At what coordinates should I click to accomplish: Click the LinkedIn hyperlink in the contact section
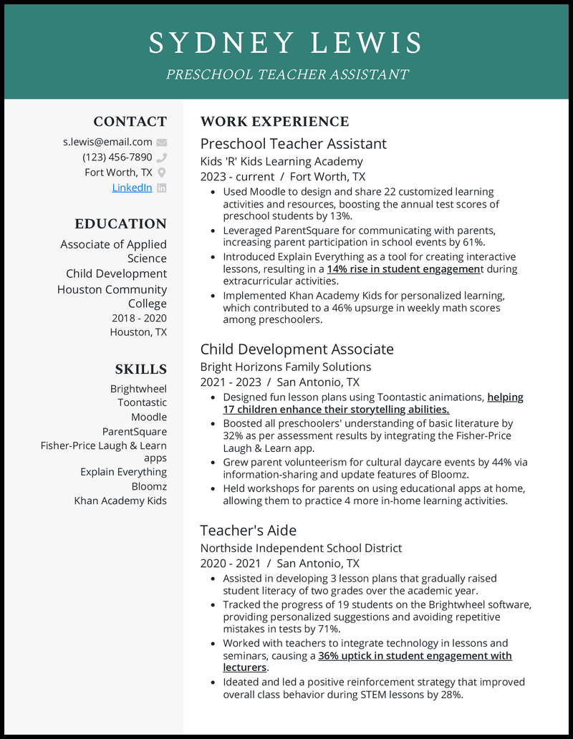coord(132,188)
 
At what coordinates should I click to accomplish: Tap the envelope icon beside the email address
coord(161,143)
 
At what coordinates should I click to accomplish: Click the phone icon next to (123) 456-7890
coord(161,158)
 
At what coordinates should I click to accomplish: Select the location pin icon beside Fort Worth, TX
coord(161,173)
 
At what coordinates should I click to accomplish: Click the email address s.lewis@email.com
coord(107,142)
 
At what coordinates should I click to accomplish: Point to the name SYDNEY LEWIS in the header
coord(286,43)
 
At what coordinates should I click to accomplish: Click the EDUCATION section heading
coord(120,223)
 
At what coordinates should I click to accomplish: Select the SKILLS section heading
coord(140,369)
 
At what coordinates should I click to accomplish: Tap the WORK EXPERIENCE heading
coord(274,122)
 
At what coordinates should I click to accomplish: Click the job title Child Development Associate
coord(297,349)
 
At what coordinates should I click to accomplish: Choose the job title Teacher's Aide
coord(248,530)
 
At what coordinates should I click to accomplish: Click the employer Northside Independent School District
coord(301,548)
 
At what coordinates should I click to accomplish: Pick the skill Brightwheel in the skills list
coord(138,389)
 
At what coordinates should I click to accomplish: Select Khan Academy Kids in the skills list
coord(120,501)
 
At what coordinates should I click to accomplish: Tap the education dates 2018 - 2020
coord(139,318)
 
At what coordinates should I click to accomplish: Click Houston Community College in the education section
coord(112,296)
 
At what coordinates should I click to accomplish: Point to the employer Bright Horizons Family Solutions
coord(285,367)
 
